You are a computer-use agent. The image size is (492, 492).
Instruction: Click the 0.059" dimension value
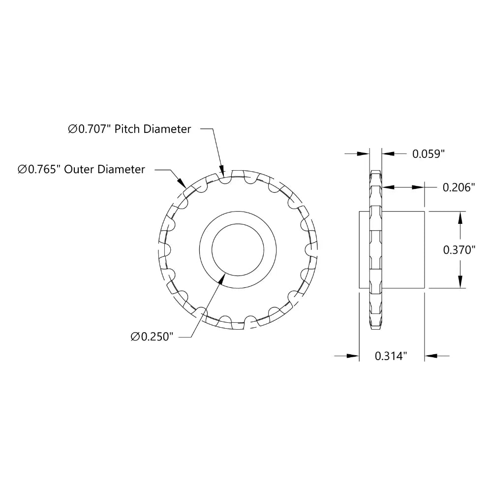click(x=428, y=154)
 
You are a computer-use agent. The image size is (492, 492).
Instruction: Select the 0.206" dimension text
click(x=459, y=187)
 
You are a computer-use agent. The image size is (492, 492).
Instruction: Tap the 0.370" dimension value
click(x=459, y=249)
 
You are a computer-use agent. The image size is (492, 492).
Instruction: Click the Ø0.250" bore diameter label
click(x=153, y=337)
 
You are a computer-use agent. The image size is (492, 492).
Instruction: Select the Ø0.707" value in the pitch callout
click(x=91, y=129)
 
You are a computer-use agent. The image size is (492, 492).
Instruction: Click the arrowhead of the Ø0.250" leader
click(x=221, y=278)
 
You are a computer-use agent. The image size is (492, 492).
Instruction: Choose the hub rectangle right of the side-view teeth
click(x=403, y=249)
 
